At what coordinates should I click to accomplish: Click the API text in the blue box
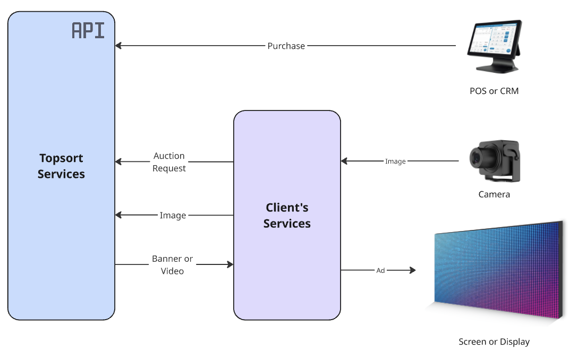[x=88, y=30]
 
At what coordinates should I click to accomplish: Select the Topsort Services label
[x=61, y=166]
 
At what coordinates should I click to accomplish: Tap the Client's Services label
[x=287, y=216]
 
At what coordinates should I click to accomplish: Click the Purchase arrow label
[x=286, y=46]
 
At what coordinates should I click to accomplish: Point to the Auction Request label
[x=169, y=162]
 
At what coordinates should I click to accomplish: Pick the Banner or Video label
[x=172, y=265]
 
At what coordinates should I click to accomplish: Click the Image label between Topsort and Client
[x=173, y=216]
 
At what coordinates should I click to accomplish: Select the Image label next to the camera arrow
[x=395, y=161]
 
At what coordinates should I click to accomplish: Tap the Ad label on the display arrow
[x=380, y=270]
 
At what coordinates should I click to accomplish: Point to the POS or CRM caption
[x=494, y=91]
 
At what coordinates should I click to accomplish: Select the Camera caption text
[x=494, y=194]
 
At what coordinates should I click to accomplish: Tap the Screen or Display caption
[x=494, y=341]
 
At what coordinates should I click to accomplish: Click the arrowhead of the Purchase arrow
[x=118, y=46]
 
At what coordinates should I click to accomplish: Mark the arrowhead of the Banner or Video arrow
[x=230, y=264]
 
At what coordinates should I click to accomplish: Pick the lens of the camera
[x=476, y=158]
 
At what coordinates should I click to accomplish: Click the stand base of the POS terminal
[x=497, y=68]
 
